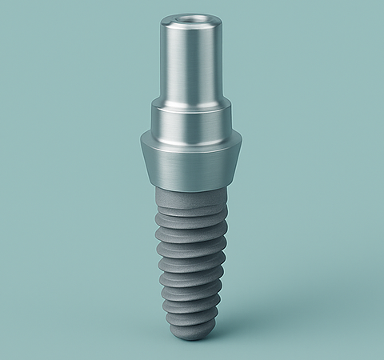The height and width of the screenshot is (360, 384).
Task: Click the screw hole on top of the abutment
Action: coord(191,18)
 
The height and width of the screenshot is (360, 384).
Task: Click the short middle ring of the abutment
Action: coord(192,116)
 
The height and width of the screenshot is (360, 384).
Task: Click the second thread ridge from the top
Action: coord(192,231)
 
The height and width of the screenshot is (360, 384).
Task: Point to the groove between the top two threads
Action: coord(192,223)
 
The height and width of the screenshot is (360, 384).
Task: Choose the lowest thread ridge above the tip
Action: coord(192,315)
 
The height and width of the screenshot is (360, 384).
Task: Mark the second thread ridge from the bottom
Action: coord(192,301)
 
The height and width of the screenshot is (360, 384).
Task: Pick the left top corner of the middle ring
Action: coord(153,105)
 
